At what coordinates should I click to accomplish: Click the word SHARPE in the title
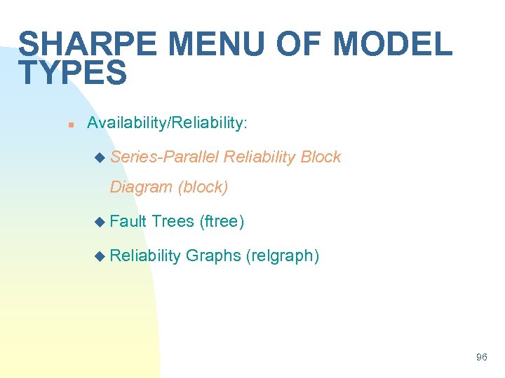[88, 44]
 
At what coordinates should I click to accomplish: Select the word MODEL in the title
[393, 44]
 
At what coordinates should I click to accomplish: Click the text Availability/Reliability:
[167, 123]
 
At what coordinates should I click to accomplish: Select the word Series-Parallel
[164, 157]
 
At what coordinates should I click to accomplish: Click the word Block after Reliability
[321, 157]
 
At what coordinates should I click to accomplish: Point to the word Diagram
[142, 187]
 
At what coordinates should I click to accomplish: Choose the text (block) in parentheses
[203, 187]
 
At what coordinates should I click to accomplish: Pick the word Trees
[173, 222]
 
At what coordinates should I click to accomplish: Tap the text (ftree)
[222, 222]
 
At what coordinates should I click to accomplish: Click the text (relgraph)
[283, 256]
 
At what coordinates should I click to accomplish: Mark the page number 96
[481, 357]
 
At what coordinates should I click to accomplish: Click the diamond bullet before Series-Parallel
[98, 157]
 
